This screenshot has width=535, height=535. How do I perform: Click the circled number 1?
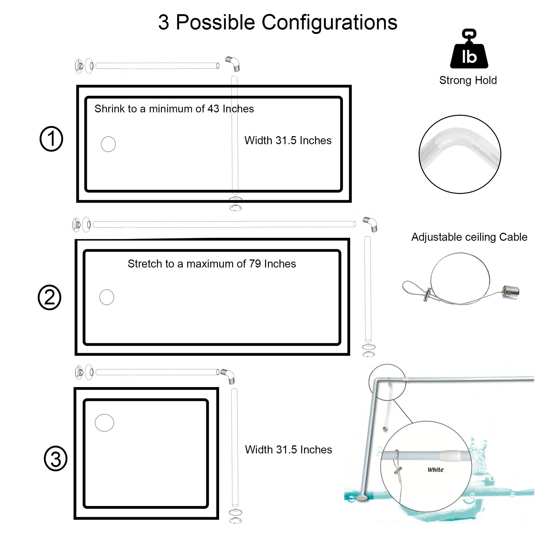[x=51, y=139]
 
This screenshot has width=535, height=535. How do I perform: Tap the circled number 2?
[x=49, y=297]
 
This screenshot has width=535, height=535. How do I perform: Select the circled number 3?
[x=55, y=459]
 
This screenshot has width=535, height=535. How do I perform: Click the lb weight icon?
[x=469, y=50]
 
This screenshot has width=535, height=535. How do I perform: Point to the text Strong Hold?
[x=468, y=80]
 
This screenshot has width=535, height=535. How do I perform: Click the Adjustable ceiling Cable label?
[x=469, y=237]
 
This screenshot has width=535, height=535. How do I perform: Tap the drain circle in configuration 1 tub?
[x=108, y=144]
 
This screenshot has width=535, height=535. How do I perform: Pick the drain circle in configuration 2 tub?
[x=107, y=297]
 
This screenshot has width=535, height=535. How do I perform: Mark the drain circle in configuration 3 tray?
[x=104, y=423]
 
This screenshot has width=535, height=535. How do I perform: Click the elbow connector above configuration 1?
[x=233, y=63]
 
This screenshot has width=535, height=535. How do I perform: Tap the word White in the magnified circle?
[x=435, y=470]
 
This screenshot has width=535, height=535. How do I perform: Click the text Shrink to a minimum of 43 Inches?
[x=174, y=109]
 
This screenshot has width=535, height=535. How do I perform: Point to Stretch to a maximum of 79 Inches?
[x=212, y=264]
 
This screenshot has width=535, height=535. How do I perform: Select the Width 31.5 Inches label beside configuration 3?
[x=288, y=449]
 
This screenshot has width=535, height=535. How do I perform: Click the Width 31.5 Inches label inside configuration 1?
[x=288, y=140]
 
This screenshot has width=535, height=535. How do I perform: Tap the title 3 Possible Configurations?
[x=278, y=22]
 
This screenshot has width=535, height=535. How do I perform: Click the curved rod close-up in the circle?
[x=460, y=154]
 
